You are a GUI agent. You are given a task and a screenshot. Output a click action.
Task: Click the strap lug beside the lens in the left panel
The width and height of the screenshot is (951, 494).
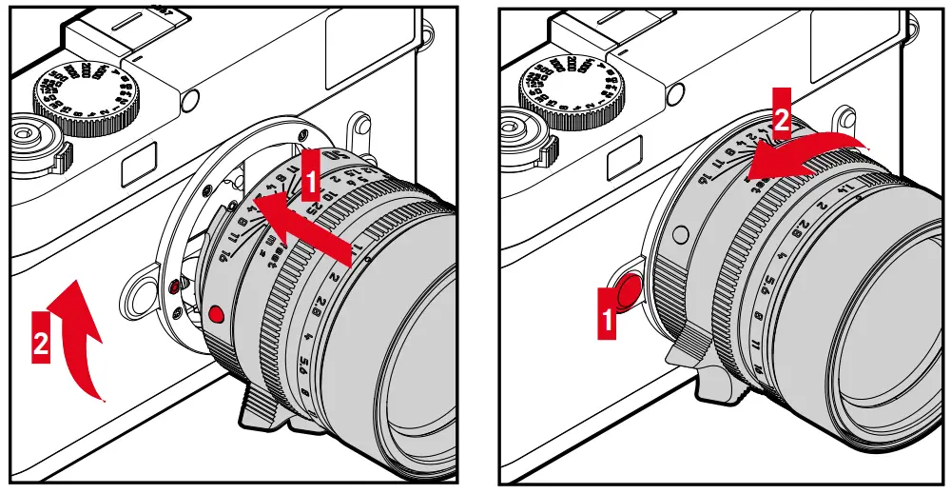click(146, 291)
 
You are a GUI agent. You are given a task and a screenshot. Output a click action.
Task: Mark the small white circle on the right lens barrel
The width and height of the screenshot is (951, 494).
click(678, 233)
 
